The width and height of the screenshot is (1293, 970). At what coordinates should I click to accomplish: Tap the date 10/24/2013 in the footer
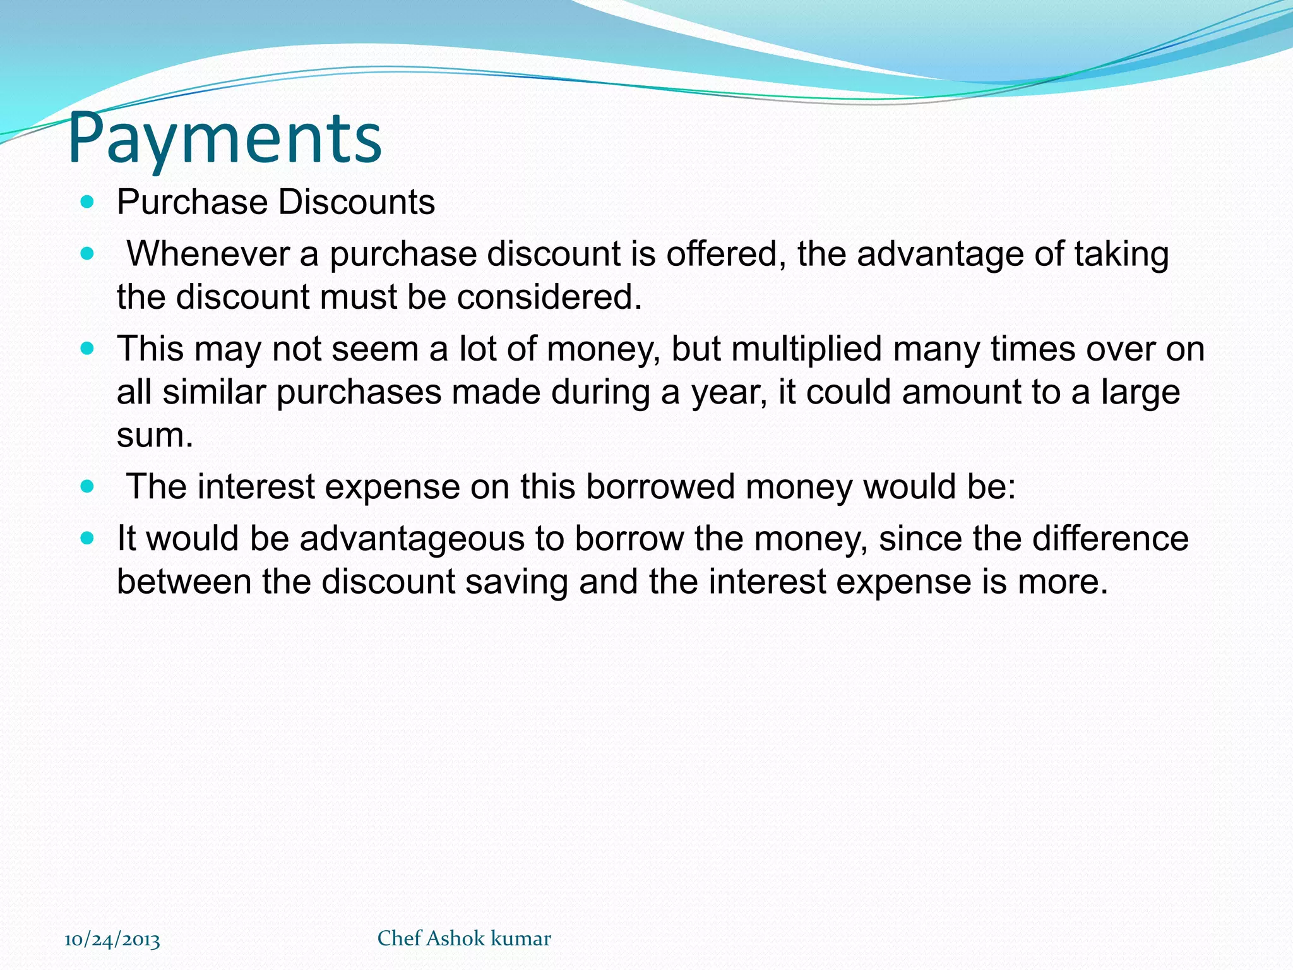tap(112, 940)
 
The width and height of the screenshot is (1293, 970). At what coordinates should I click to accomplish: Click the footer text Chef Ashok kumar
tap(464, 938)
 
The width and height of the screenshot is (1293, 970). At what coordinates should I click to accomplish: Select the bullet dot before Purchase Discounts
tap(88, 203)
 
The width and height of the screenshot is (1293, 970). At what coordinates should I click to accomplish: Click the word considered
tap(549, 297)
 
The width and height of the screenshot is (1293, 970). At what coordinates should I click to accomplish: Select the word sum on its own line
tap(154, 436)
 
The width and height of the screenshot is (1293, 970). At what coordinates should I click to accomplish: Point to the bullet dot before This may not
tap(88, 349)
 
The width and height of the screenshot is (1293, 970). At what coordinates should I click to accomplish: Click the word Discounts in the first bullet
tap(357, 203)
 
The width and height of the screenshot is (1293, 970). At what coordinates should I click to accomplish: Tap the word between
tap(184, 582)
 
